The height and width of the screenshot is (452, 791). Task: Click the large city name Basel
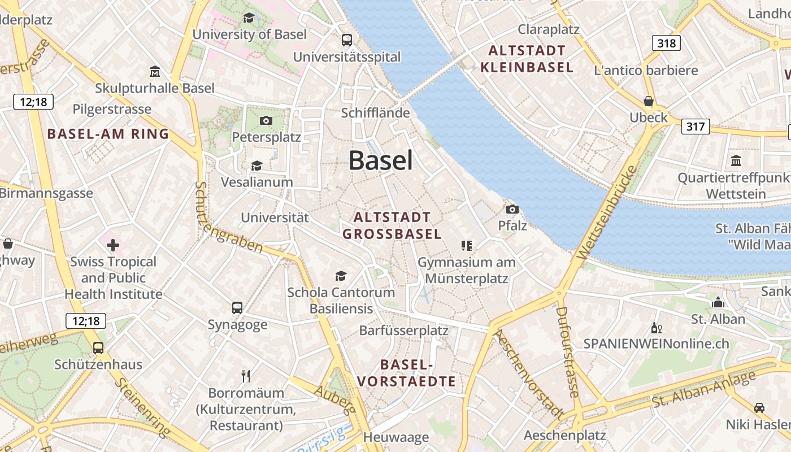(380, 160)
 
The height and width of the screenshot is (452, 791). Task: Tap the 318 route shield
(666, 43)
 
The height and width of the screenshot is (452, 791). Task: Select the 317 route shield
(695, 126)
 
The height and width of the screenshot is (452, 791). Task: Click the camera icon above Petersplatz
(266, 120)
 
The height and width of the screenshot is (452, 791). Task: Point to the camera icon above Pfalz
(512, 209)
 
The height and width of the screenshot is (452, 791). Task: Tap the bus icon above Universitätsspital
(346, 40)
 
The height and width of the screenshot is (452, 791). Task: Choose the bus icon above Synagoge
(237, 308)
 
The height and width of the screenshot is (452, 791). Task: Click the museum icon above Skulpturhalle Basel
(155, 72)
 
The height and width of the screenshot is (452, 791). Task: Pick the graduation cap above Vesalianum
(257, 166)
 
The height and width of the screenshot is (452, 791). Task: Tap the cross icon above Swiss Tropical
(113, 245)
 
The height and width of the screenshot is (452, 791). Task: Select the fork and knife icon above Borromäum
(246, 376)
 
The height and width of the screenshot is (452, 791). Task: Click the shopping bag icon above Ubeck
(649, 102)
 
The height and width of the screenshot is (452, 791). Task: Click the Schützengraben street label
(228, 218)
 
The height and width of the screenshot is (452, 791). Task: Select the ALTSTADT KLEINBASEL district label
(527, 59)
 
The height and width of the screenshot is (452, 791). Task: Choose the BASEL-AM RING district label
(108, 134)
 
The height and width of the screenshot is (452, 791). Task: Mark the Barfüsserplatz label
(403, 331)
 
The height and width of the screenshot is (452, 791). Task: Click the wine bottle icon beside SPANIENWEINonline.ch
(656, 328)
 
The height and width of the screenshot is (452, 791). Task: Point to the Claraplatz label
(549, 29)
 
